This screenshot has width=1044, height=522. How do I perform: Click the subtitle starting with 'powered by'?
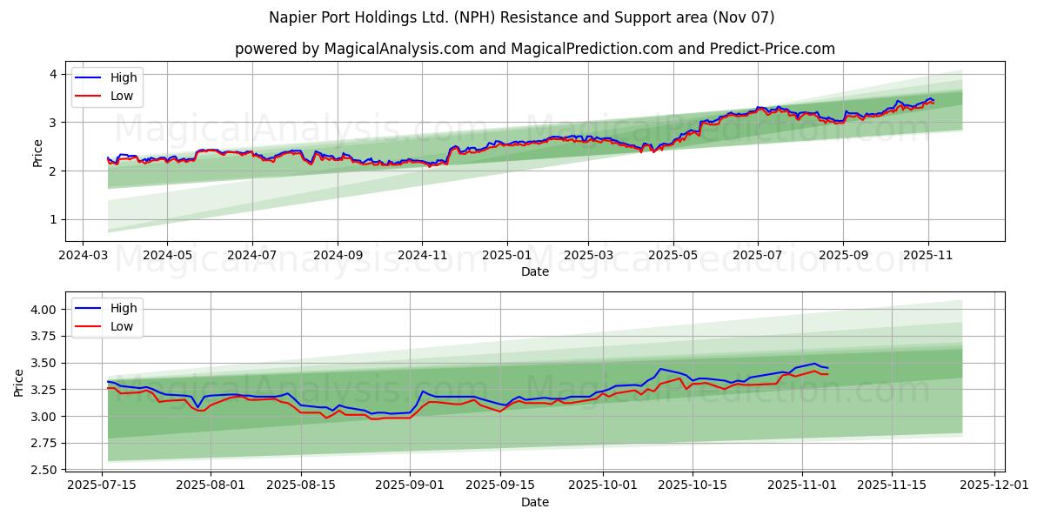click(534, 49)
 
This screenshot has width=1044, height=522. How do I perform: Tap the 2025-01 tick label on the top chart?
click(506, 256)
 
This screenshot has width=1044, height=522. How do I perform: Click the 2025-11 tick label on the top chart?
click(927, 256)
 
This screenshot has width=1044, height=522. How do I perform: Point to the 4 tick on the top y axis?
click(53, 74)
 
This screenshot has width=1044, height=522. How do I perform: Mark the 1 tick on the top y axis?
click(53, 219)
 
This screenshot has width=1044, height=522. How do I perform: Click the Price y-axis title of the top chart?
click(37, 151)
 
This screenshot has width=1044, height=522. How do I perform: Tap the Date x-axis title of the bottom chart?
click(534, 502)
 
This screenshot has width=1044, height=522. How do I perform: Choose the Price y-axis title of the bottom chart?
click(19, 382)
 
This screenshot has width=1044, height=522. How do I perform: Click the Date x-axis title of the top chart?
click(534, 271)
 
